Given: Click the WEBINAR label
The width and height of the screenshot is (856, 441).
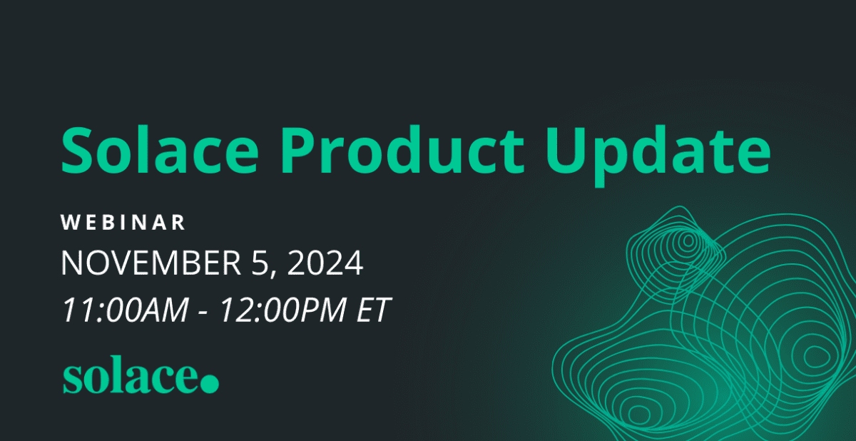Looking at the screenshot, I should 123,222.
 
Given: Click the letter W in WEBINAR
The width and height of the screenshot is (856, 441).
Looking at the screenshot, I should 70,222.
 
